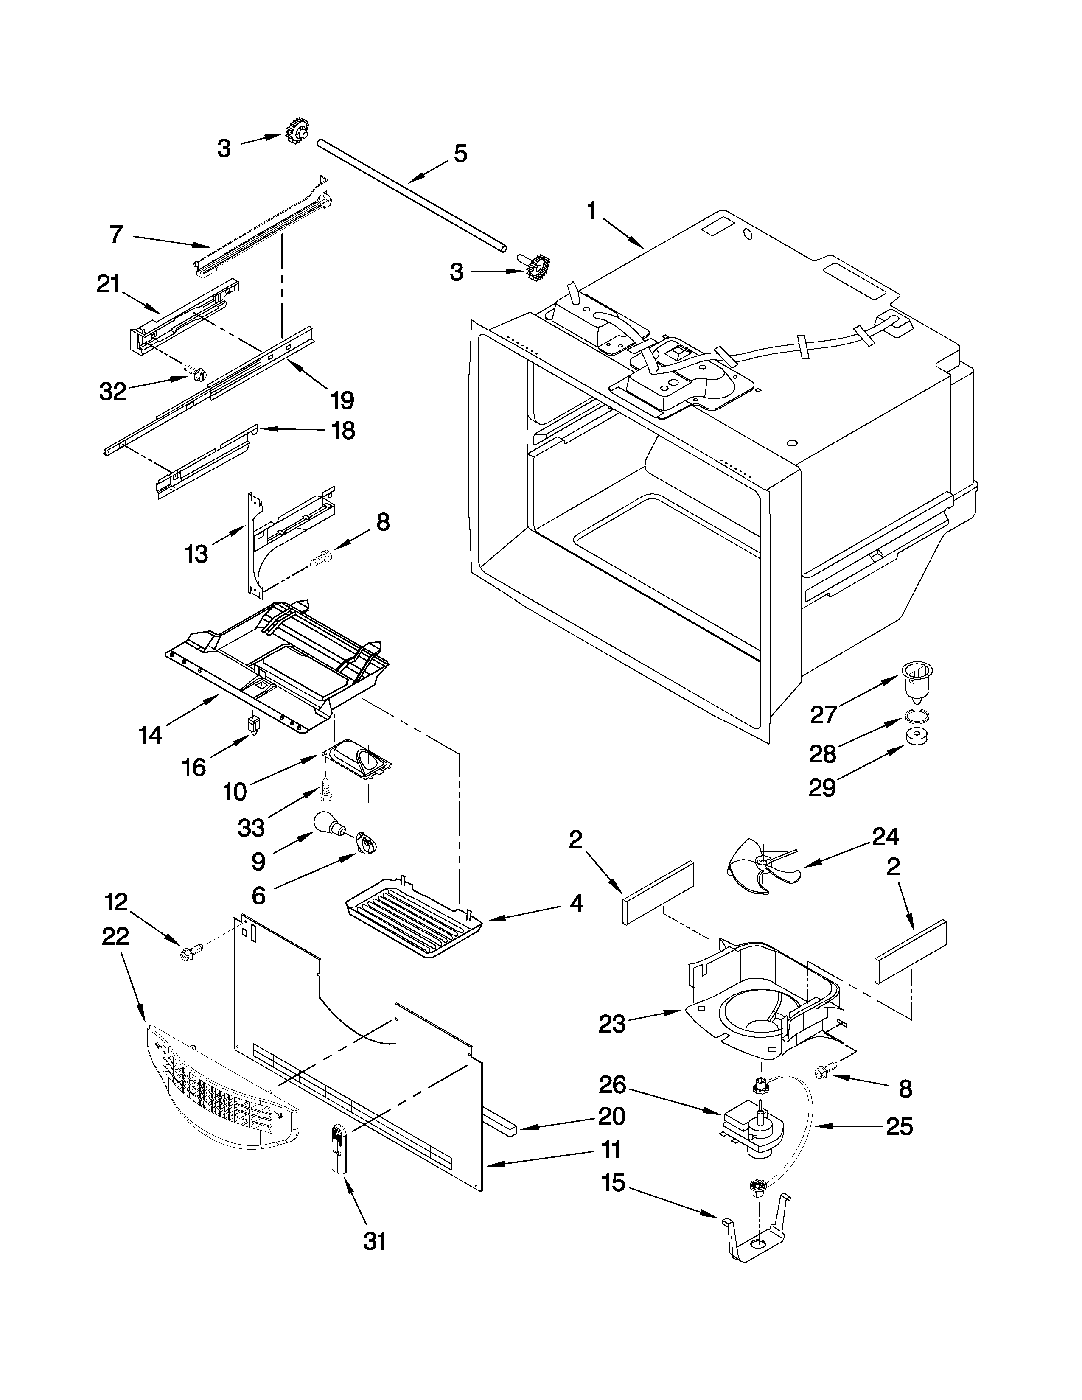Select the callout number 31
coord(375,1242)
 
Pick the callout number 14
coord(151,735)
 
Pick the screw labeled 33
coord(325,789)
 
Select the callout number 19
coord(342,400)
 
